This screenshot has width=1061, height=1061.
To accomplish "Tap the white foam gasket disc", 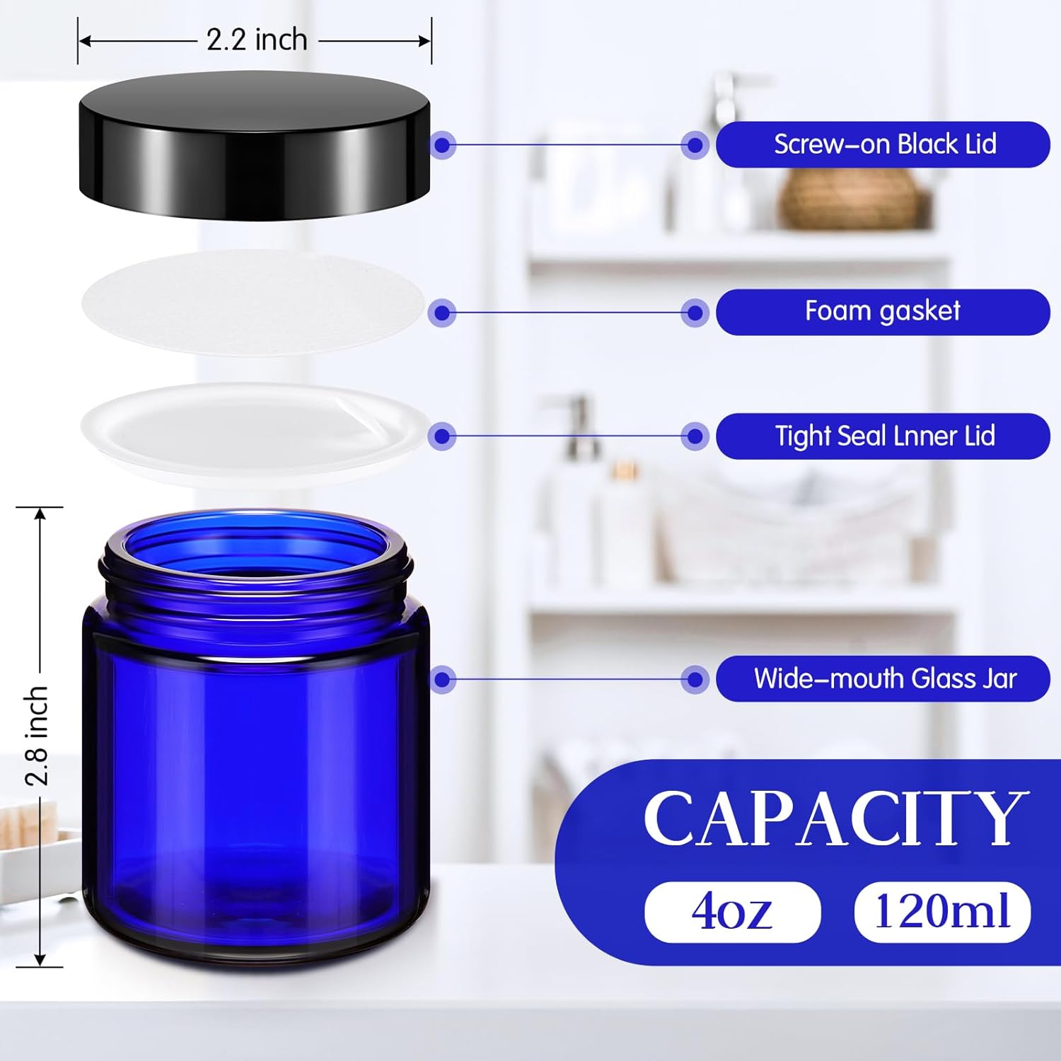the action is coord(253,303).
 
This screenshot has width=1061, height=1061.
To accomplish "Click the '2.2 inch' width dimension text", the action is coord(257,40).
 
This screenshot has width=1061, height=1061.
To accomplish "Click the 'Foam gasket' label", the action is coord(883,312).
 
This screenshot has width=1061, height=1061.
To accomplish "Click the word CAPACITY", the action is coord(835,818).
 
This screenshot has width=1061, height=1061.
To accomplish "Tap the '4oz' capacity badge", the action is coord(732,912).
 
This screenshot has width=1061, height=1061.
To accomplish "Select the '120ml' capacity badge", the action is coord(942,912).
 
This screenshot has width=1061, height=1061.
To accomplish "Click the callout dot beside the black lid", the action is coord(443,146).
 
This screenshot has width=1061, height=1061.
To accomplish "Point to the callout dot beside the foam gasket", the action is coord(443,313).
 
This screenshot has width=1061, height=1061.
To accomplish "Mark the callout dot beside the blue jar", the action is coord(443,680).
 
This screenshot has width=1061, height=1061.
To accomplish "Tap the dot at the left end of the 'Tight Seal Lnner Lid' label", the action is coord(695,436).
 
